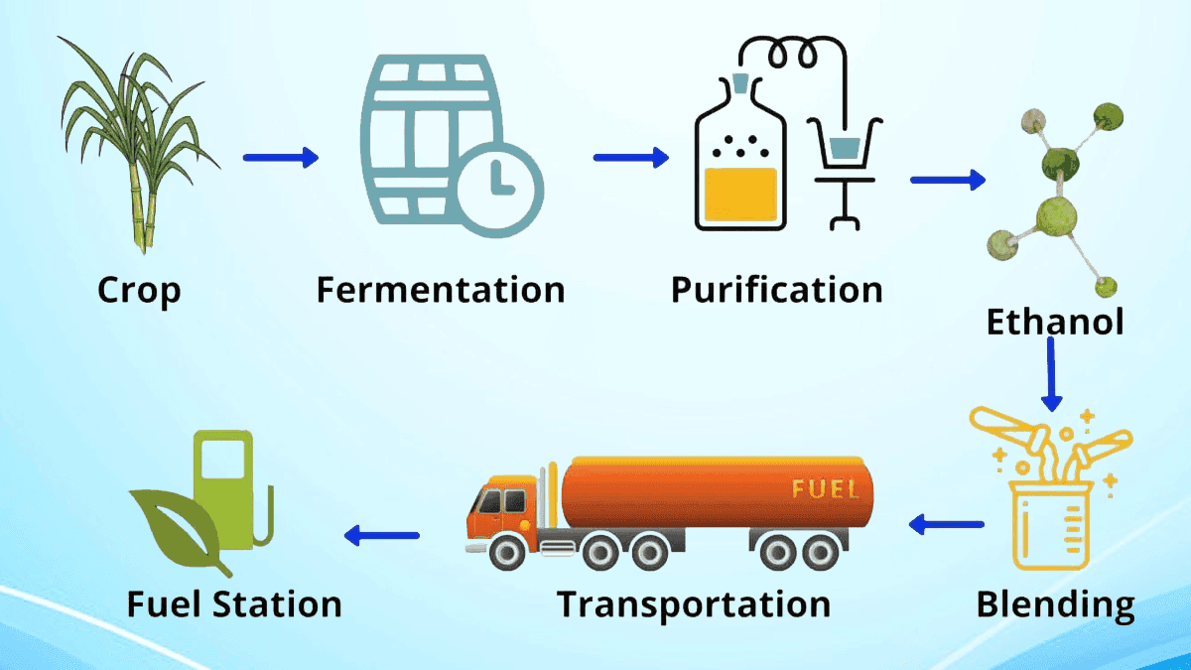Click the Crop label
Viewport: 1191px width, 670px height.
click(x=139, y=291)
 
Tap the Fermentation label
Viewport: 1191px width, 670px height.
click(x=441, y=291)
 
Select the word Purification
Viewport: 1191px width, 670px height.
click(x=776, y=291)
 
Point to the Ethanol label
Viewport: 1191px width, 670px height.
click(x=1054, y=322)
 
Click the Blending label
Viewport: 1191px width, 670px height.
click(x=1055, y=603)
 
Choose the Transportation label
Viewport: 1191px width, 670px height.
click(x=693, y=603)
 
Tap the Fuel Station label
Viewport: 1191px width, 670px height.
click(x=234, y=603)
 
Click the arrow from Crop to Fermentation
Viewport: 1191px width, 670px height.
click(x=280, y=157)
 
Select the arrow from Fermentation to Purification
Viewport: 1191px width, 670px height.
click(x=630, y=157)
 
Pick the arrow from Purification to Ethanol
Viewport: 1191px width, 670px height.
click(x=947, y=180)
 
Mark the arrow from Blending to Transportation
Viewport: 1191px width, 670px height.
click(x=947, y=524)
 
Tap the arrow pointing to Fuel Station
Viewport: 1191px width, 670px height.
click(x=382, y=536)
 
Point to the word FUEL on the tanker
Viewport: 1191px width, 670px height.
click(x=820, y=489)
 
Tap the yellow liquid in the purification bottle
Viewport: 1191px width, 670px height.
click(x=739, y=194)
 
